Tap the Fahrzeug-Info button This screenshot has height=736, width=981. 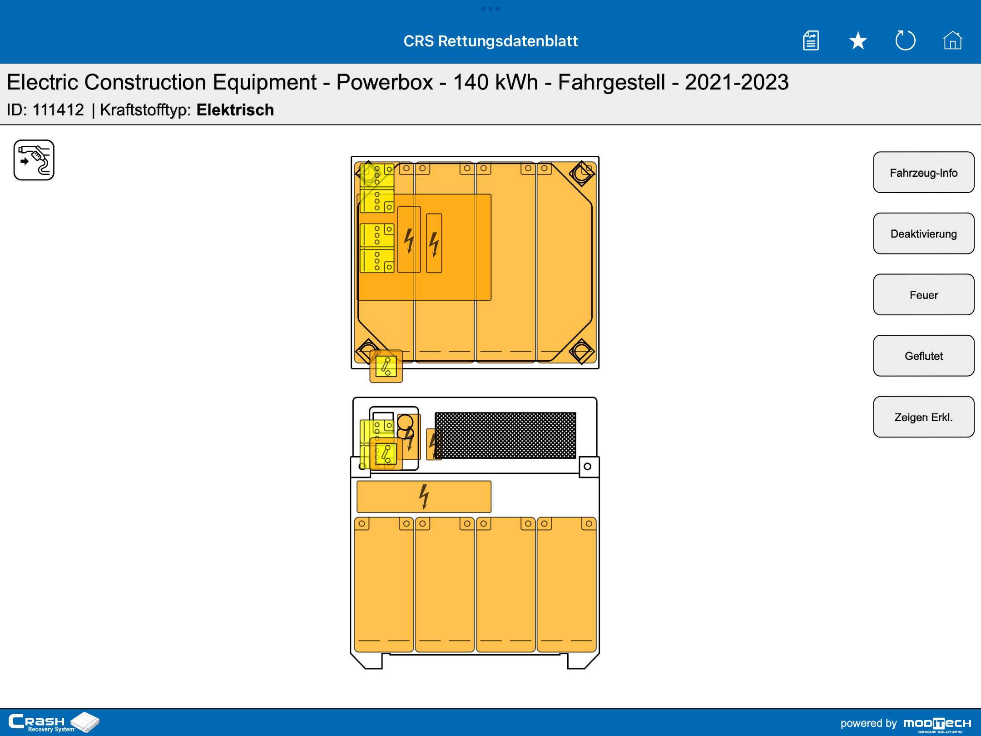[x=923, y=173]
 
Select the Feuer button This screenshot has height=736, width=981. [x=923, y=295]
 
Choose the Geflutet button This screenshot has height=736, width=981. [x=923, y=356]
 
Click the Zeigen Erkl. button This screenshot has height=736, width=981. [x=923, y=417]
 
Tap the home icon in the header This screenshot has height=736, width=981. [x=952, y=40]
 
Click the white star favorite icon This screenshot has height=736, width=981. [x=858, y=41]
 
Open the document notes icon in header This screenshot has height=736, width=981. [x=811, y=40]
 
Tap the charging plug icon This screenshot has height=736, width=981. [x=34, y=160]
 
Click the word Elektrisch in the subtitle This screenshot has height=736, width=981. [x=235, y=110]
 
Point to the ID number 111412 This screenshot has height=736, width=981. [x=58, y=110]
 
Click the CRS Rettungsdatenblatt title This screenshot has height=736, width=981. [x=490, y=41]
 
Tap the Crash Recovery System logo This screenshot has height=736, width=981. [x=54, y=722]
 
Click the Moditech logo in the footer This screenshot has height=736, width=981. [x=937, y=724]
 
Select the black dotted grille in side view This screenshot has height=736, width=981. [x=505, y=435]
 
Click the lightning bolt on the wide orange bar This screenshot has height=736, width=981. [x=424, y=497]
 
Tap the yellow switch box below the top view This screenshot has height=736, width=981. [x=386, y=366]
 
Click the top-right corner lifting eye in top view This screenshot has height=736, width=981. [x=582, y=173]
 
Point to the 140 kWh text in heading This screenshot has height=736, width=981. [x=495, y=82]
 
